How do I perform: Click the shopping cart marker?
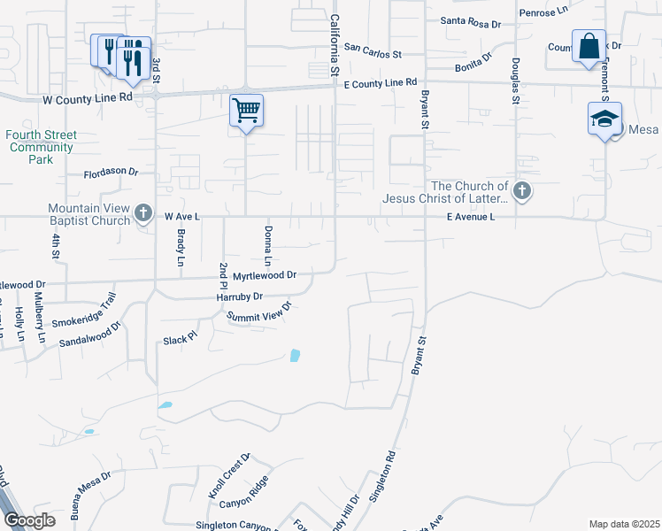[x=246, y=111]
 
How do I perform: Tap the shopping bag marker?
[x=589, y=46]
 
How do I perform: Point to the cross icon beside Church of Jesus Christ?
[x=522, y=191]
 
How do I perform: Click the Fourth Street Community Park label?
[x=42, y=147]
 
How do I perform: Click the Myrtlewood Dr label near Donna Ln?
[x=264, y=276]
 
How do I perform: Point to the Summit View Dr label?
[x=258, y=312]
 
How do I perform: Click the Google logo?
[x=28, y=520]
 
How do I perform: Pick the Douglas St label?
[x=514, y=81]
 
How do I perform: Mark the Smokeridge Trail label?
[x=84, y=307]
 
